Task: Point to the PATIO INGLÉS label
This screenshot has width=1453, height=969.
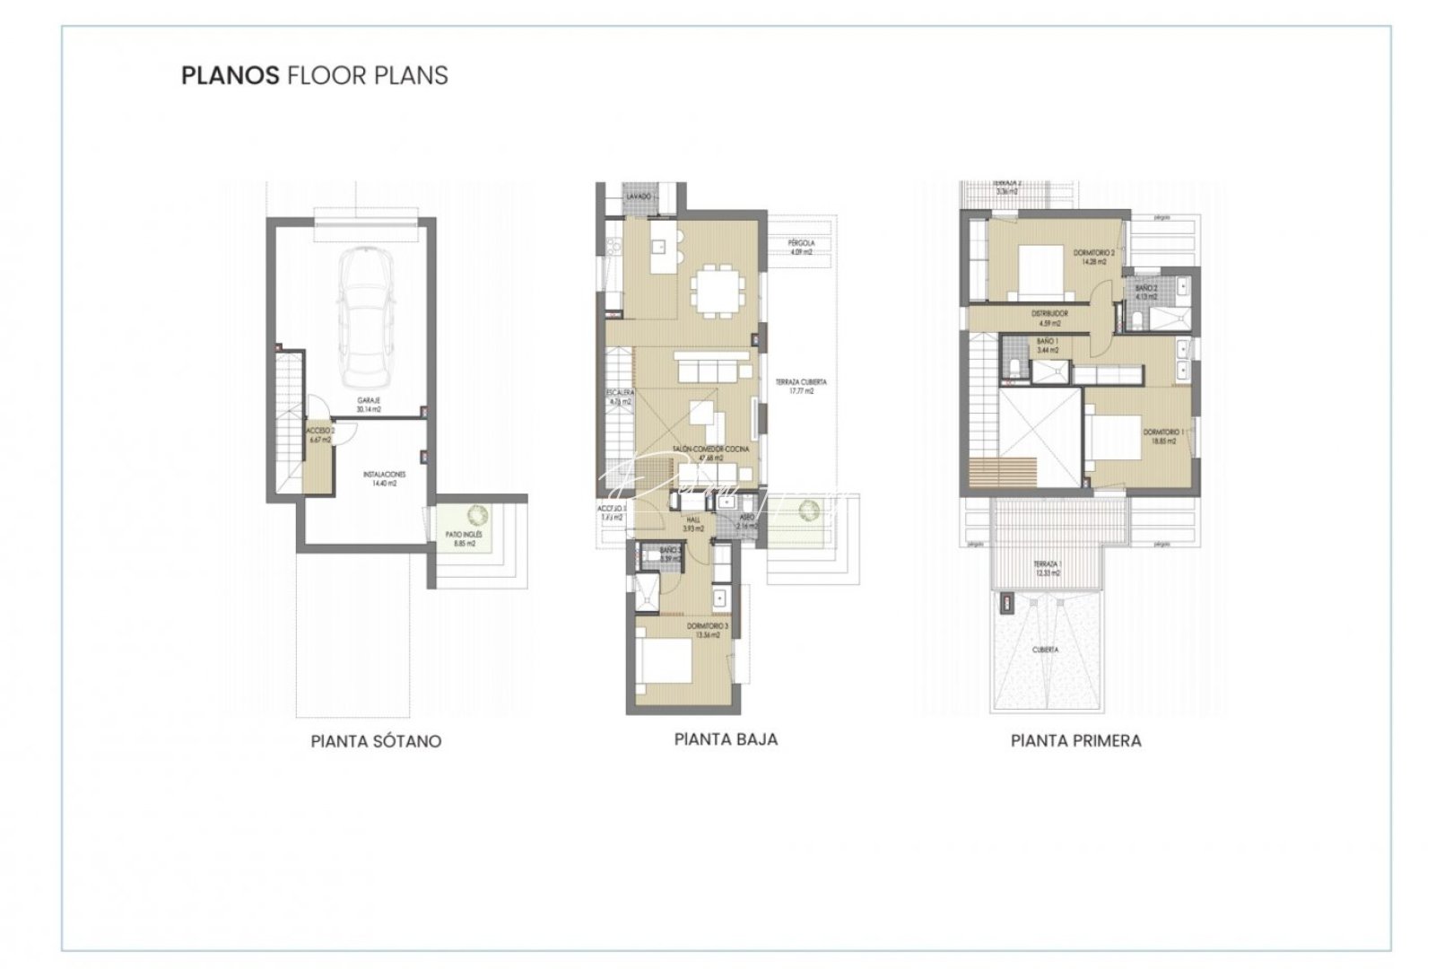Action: pyautogui.click(x=464, y=538)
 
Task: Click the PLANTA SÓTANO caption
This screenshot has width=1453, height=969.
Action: pyautogui.click(x=376, y=741)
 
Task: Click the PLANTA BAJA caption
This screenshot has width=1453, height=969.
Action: pyautogui.click(x=726, y=739)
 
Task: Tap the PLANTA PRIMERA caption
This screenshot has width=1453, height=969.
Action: pyautogui.click(x=1075, y=740)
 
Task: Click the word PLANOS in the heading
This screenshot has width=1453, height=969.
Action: pyautogui.click(x=230, y=75)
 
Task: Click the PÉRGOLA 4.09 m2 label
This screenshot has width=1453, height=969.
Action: pyautogui.click(x=801, y=247)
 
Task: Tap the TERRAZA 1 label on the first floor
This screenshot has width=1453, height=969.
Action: pyautogui.click(x=1047, y=567)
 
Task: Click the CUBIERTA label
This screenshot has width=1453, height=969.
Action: pyautogui.click(x=1045, y=649)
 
